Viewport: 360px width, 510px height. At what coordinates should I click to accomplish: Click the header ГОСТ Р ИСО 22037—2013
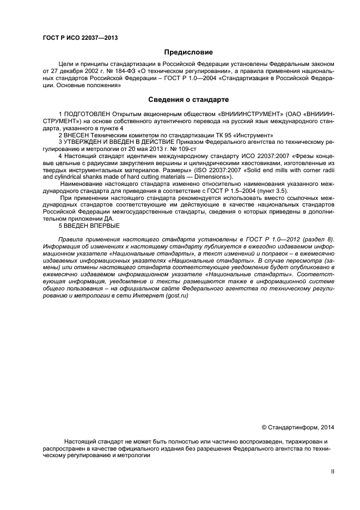tap(80, 38)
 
